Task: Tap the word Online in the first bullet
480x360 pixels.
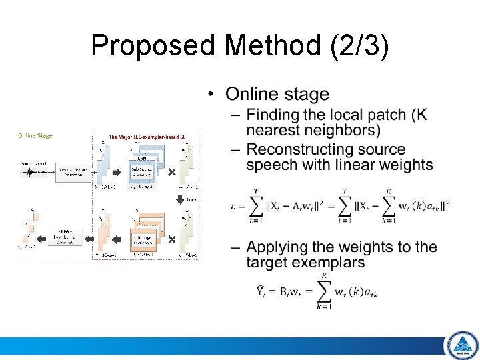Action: [x=251, y=95]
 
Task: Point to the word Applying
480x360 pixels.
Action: [x=275, y=247]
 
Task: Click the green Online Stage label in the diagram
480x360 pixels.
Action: [x=35, y=135]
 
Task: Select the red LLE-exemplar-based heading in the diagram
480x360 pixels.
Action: [x=146, y=135]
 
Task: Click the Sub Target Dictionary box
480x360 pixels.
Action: [x=141, y=238]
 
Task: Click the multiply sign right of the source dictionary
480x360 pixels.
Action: [x=171, y=173]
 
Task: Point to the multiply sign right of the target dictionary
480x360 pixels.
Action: [x=171, y=238]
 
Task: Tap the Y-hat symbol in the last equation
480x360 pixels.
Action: [x=263, y=291]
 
